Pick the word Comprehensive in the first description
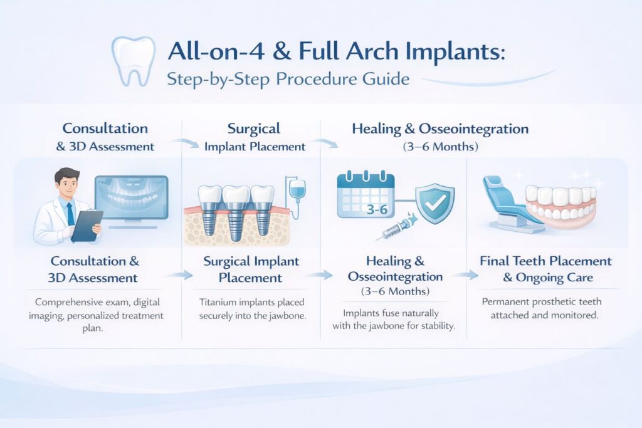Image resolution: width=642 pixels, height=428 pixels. tap(67, 303)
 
